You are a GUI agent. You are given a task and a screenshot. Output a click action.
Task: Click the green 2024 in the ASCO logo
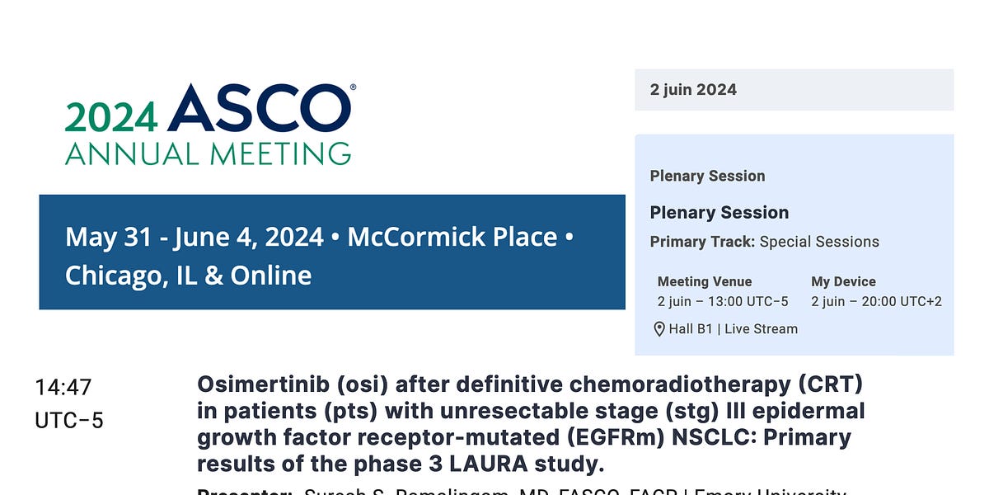click(x=111, y=116)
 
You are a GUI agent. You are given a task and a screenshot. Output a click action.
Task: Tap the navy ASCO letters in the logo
click(x=259, y=108)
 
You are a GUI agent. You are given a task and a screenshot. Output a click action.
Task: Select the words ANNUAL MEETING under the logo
click(x=208, y=153)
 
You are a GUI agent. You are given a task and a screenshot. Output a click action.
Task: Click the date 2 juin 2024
click(x=693, y=90)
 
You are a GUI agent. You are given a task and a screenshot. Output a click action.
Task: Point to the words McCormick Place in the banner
click(x=452, y=238)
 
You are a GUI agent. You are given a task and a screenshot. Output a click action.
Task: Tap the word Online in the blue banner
click(x=271, y=276)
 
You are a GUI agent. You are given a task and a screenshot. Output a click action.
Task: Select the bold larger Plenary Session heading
click(x=719, y=212)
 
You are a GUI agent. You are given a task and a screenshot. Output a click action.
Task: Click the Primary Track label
click(x=702, y=242)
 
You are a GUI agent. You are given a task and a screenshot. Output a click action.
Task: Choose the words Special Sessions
click(x=819, y=242)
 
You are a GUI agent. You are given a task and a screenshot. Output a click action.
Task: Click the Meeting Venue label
click(x=705, y=281)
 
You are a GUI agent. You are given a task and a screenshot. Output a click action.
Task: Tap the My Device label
click(x=843, y=281)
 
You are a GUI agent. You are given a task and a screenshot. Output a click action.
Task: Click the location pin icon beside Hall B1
click(x=659, y=329)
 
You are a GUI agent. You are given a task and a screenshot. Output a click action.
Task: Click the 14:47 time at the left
click(x=63, y=387)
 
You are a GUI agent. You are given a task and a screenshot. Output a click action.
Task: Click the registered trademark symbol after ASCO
click(x=354, y=87)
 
